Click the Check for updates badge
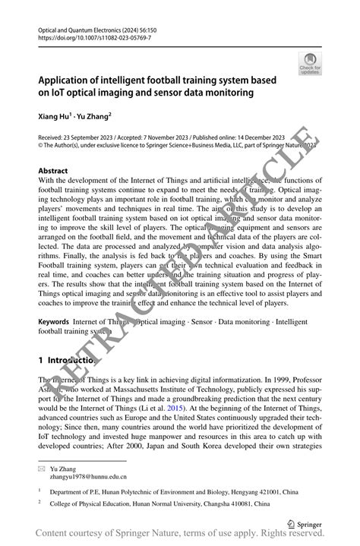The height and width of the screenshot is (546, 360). pos(310,65)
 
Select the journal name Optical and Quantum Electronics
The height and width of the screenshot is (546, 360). pos(80,27)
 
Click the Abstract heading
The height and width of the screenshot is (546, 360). pos(52,171)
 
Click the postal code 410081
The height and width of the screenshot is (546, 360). pos(252,506)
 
